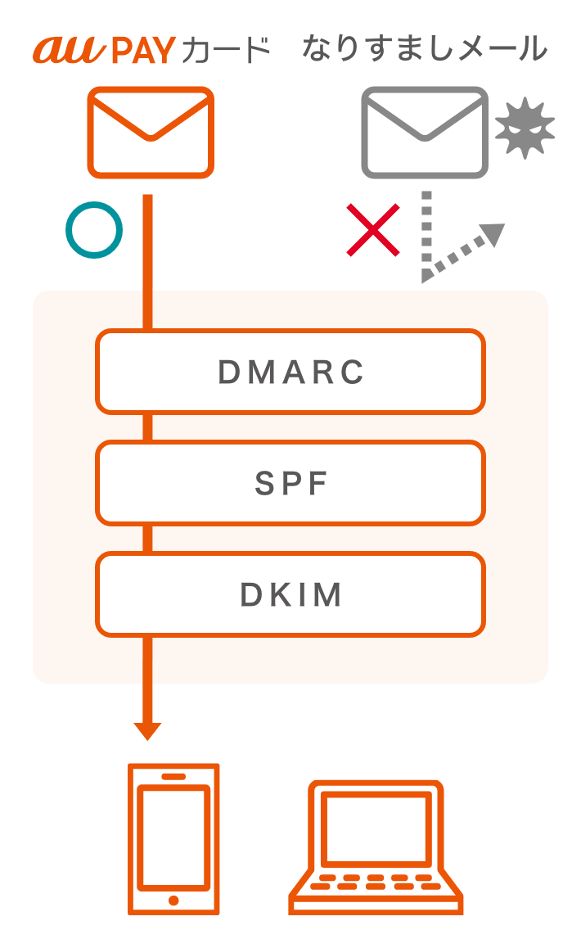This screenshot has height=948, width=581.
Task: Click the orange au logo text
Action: (x=69, y=50)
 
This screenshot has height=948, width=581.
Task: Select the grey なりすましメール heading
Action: (x=424, y=49)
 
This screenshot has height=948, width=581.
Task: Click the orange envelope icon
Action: (x=151, y=132)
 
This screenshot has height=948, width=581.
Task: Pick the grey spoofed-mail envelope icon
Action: (x=425, y=132)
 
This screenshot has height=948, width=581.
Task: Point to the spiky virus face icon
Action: (x=525, y=128)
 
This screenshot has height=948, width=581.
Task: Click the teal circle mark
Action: (x=94, y=230)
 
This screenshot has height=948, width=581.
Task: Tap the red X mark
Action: (x=373, y=230)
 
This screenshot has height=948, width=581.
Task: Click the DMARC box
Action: (x=290, y=372)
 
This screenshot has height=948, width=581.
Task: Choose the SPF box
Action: (x=290, y=483)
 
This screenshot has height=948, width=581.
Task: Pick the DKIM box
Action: (x=290, y=594)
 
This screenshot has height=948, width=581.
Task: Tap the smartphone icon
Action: (x=173, y=838)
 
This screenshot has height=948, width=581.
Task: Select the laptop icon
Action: (x=376, y=846)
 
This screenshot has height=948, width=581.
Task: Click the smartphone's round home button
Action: (x=173, y=900)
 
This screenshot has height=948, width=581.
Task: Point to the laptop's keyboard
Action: (x=376, y=885)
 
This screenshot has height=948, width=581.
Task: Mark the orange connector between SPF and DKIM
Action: (x=147, y=538)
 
